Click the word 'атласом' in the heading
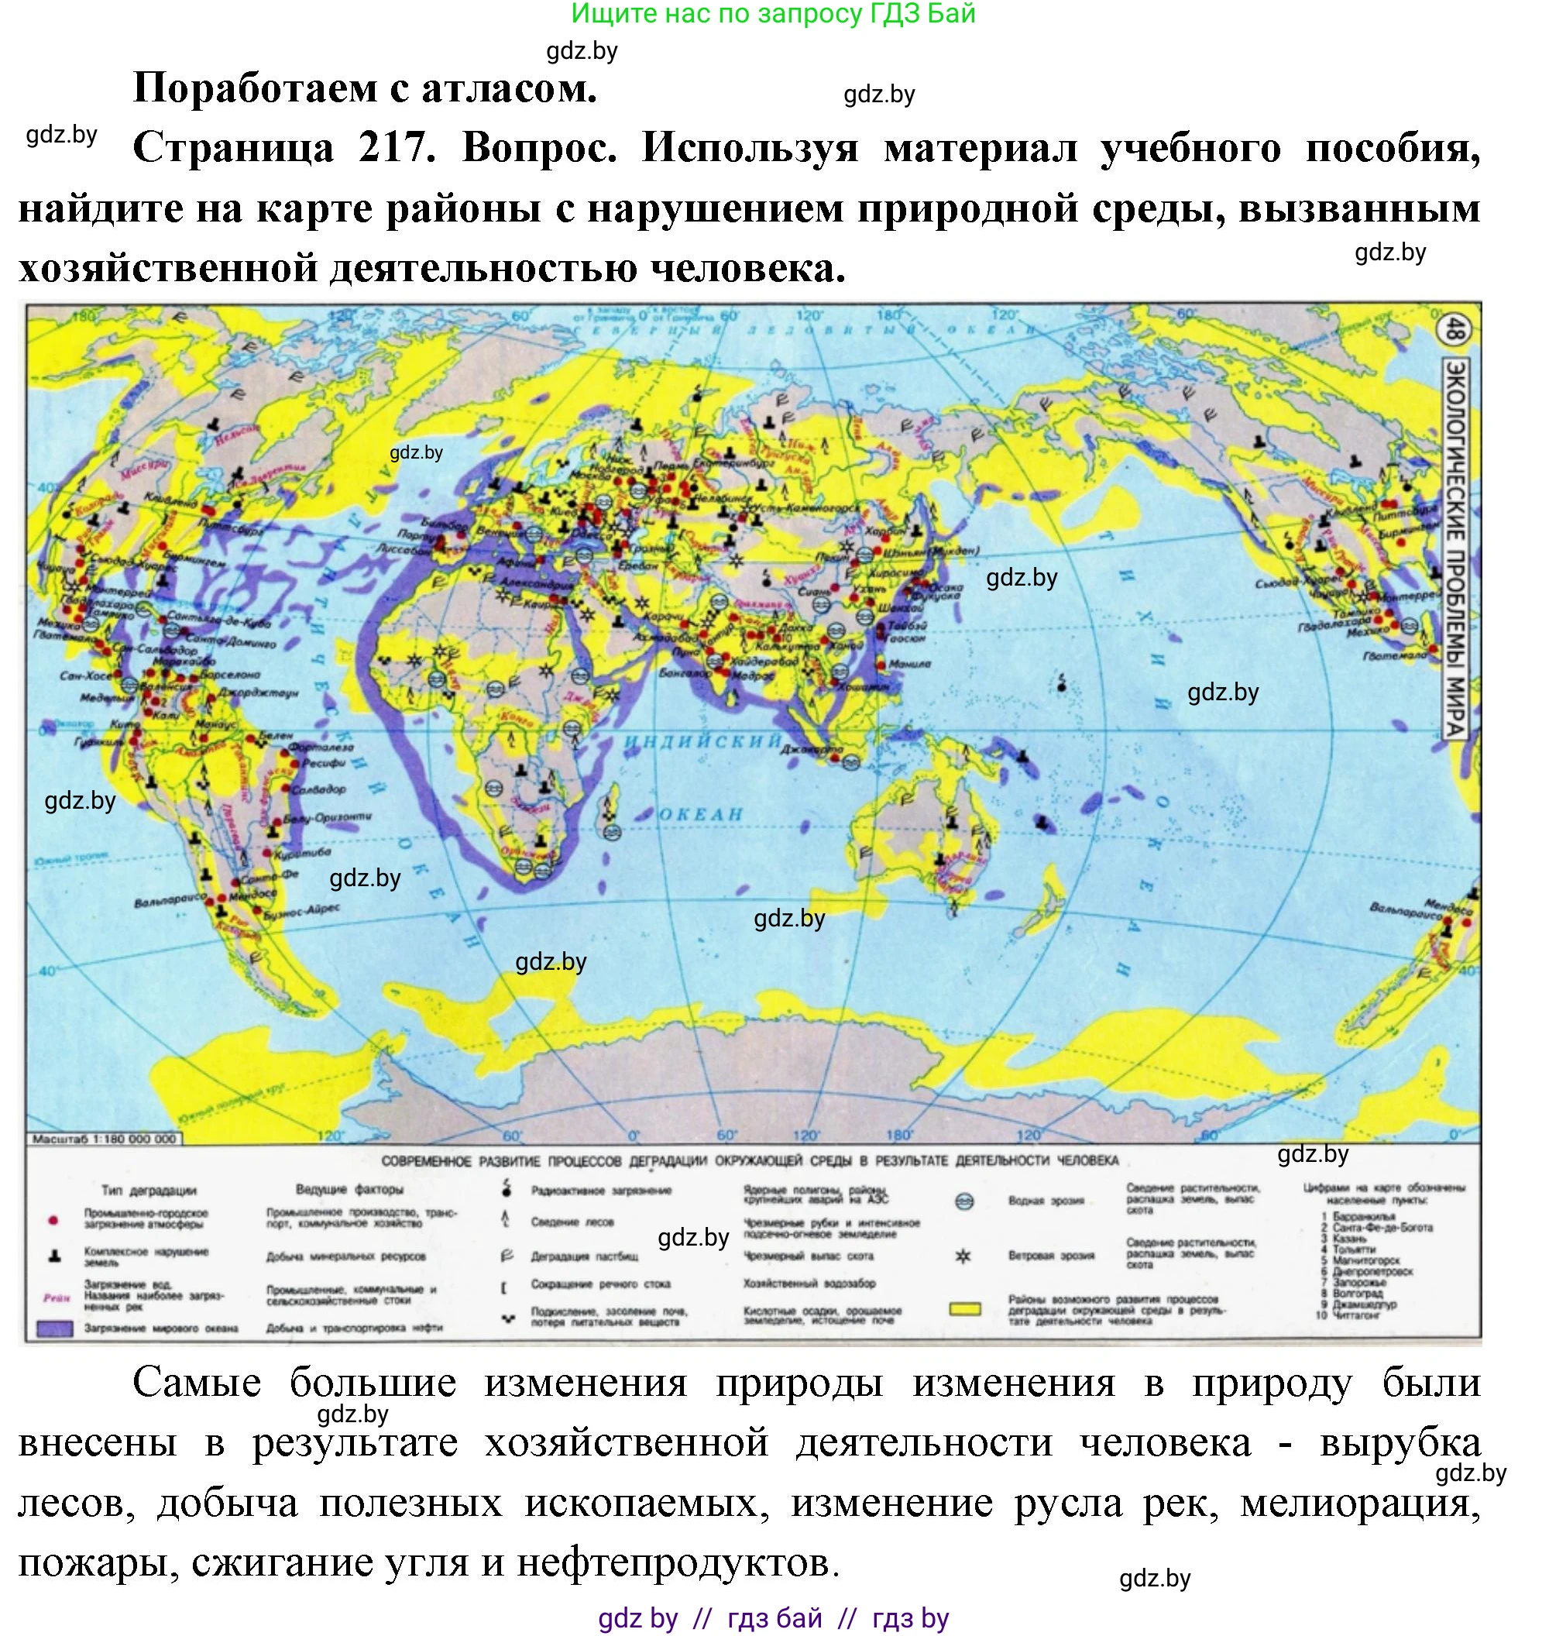[x=509, y=88]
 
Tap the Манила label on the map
[x=910, y=663]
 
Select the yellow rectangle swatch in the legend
[x=964, y=1309]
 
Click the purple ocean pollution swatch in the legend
[x=54, y=1328]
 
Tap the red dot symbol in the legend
[x=53, y=1220]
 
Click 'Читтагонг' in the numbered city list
[x=1359, y=1315]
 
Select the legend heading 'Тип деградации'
[x=149, y=1190]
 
